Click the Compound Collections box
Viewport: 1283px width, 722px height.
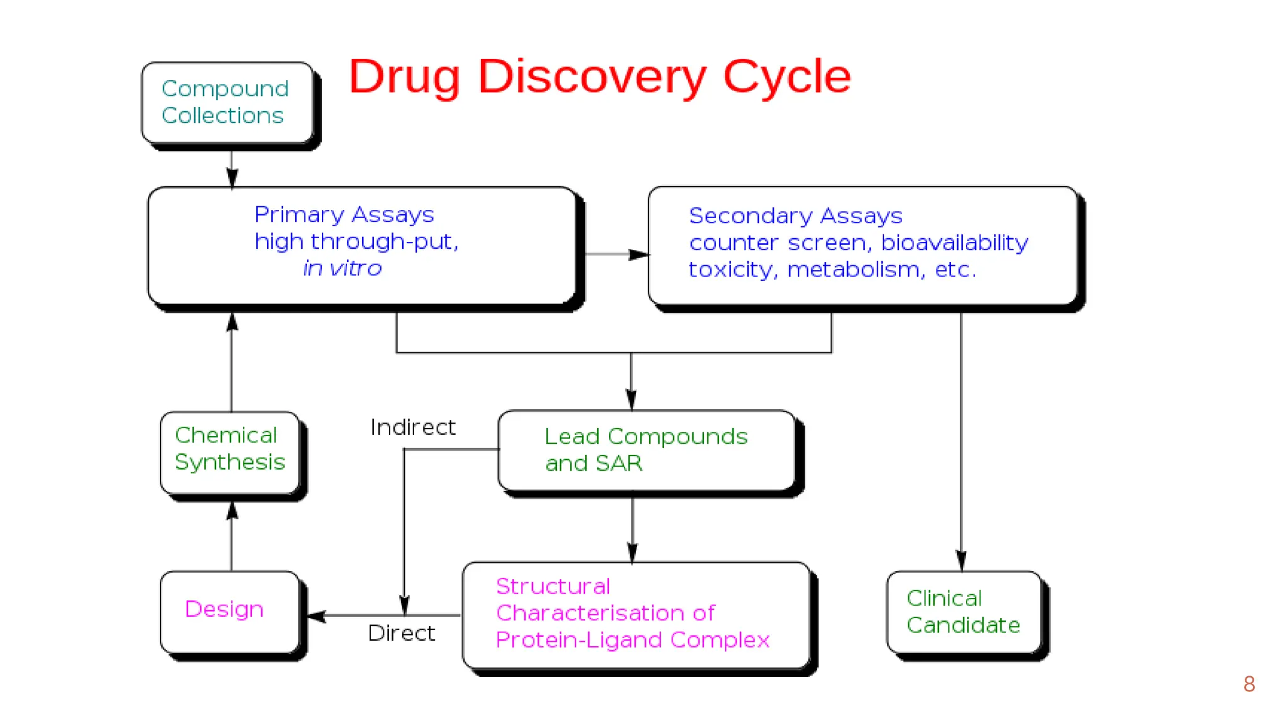click(227, 102)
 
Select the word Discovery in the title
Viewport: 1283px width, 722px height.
click(591, 76)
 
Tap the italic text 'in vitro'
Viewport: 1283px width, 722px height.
click(342, 268)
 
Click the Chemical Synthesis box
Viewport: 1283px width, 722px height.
click(230, 452)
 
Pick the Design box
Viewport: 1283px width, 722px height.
click(229, 611)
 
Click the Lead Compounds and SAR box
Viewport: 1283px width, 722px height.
click(647, 450)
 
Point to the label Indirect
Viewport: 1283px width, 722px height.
click(412, 427)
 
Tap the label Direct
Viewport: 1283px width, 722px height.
click(401, 634)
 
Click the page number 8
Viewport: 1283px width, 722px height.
click(1249, 684)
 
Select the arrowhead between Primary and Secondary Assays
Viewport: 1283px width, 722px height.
click(639, 254)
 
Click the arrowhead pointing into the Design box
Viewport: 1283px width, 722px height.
click(317, 615)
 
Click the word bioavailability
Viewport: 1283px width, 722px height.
click(954, 243)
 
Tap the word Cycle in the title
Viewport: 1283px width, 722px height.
click(787, 76)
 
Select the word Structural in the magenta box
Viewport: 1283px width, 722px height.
click(553, 587)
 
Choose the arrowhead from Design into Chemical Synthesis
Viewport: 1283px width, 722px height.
click(232, 510)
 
